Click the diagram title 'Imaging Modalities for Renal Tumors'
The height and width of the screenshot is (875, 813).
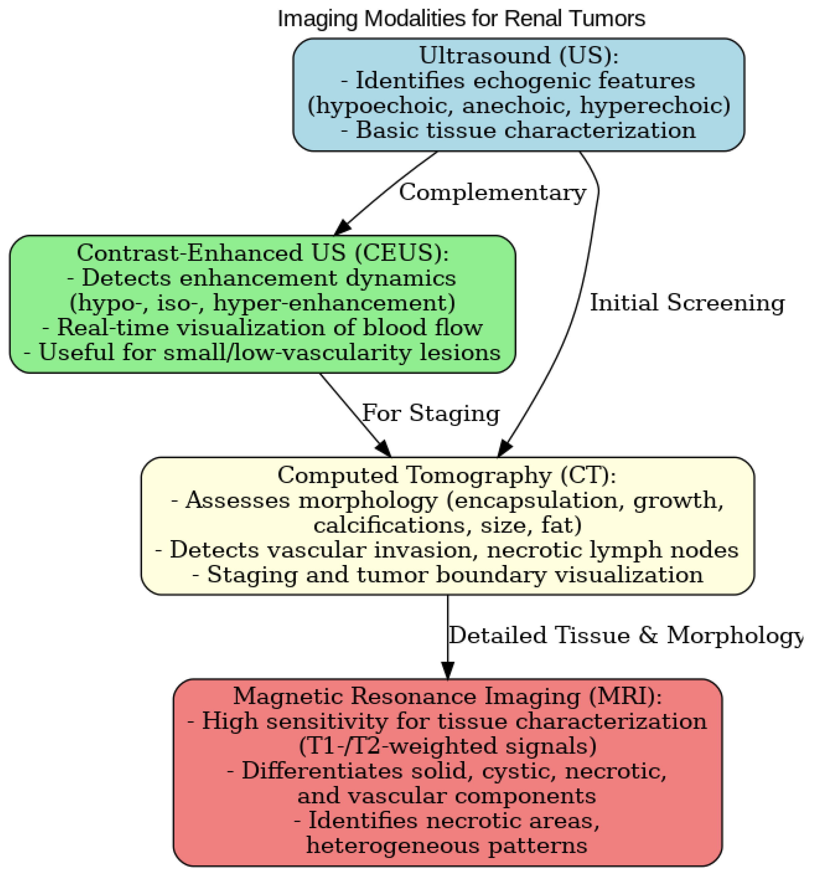[x=461, y=19]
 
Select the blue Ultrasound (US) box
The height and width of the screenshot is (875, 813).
[x=518, y=95]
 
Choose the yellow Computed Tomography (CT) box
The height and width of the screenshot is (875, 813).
[x=447, y=526]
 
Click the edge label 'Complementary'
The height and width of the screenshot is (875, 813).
[x=492, y=192]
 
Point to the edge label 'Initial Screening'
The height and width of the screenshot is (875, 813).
[x=687, y=303]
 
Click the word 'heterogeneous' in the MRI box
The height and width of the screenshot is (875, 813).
[x=398, y=845]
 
